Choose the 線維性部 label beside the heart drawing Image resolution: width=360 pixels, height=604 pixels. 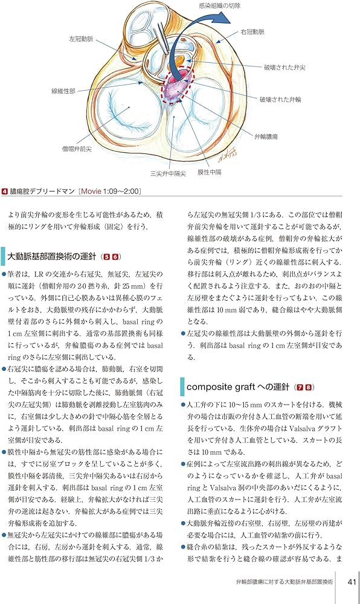tap(64, 91)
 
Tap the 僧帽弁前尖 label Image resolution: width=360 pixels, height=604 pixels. tap(78, 148)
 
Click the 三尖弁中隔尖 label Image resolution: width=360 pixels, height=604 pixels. tap(167, 173)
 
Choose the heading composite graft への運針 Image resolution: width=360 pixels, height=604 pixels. tap(236, 386)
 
